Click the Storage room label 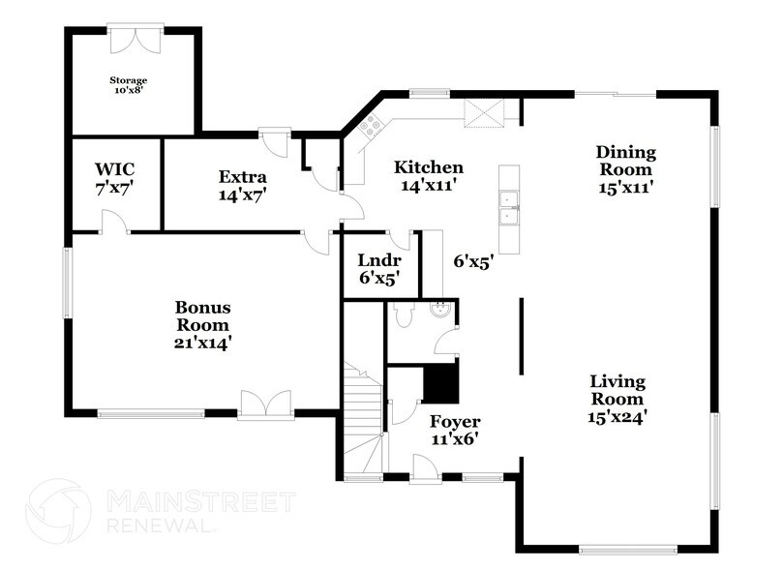(x=128, y=80)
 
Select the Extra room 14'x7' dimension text (x=242, y=195)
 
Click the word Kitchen (x=428, y=167)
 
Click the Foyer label (x=455, y=422)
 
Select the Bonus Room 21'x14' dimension (x=202, y=342)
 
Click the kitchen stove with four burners (x=370, y=125)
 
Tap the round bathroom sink (x=440, y=311)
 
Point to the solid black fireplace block (x=439, y=383)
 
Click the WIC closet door (x=116, y=224)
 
